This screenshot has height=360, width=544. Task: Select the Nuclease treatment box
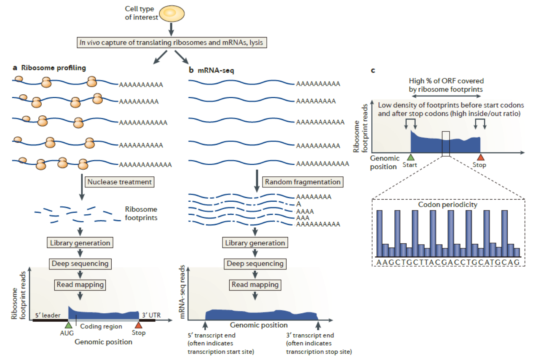pyautogui.click(x=119, y=182)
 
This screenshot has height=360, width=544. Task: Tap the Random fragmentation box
pyautogui.click(x=302, y=182)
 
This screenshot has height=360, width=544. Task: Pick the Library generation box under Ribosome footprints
pyautogui.click(x=80, y=243)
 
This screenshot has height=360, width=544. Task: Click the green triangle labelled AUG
pyautogui.click(x=68, y=325)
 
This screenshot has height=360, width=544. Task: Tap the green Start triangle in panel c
pyautogui.click(x=410, y=157)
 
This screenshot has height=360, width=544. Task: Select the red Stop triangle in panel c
pyautogui.click(x=480, y=157)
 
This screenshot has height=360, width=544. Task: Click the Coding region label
pyautogui.click(x=101, y=326)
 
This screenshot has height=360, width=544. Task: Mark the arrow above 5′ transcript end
pyautogui.click(x=205, y=325)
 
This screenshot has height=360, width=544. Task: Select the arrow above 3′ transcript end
pyautogui.click(x=318, y=325)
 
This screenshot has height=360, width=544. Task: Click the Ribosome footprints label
pyautogui.click(x=141, y=213)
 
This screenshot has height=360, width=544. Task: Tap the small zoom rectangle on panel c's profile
pyautogui.click(x=446, y=144)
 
